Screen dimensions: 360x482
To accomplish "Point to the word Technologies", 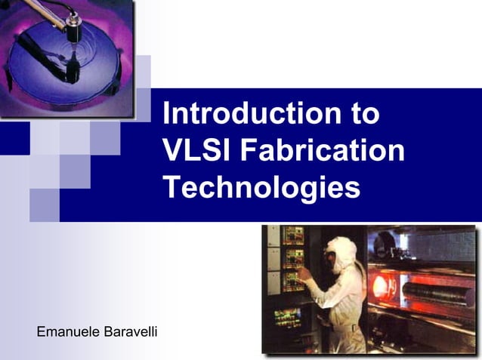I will point(261,186).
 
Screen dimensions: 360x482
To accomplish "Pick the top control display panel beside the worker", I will point(292,235).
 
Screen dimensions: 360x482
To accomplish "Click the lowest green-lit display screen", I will point(286,317).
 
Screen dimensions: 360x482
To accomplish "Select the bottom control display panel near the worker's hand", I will point(292,283).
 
